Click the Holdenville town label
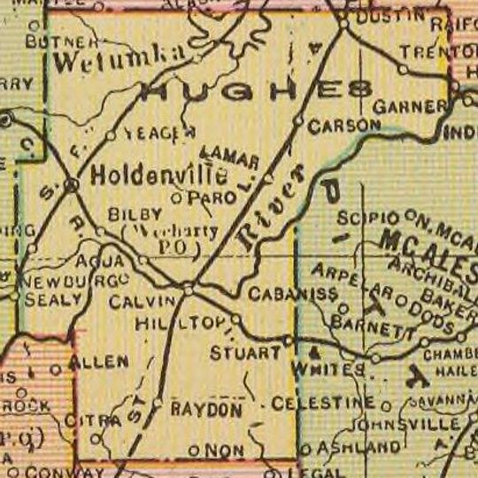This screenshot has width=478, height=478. click(158, 174)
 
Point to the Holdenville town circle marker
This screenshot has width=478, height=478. click(72, 184)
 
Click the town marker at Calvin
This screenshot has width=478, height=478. click(188, 289)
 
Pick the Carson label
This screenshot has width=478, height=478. click(343, 127)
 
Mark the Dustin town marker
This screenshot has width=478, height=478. click(343, 24)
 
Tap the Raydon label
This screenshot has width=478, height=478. click(205, 410)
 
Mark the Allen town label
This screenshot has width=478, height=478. click(104, 361)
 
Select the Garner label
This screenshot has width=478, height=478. click(410, 105)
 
